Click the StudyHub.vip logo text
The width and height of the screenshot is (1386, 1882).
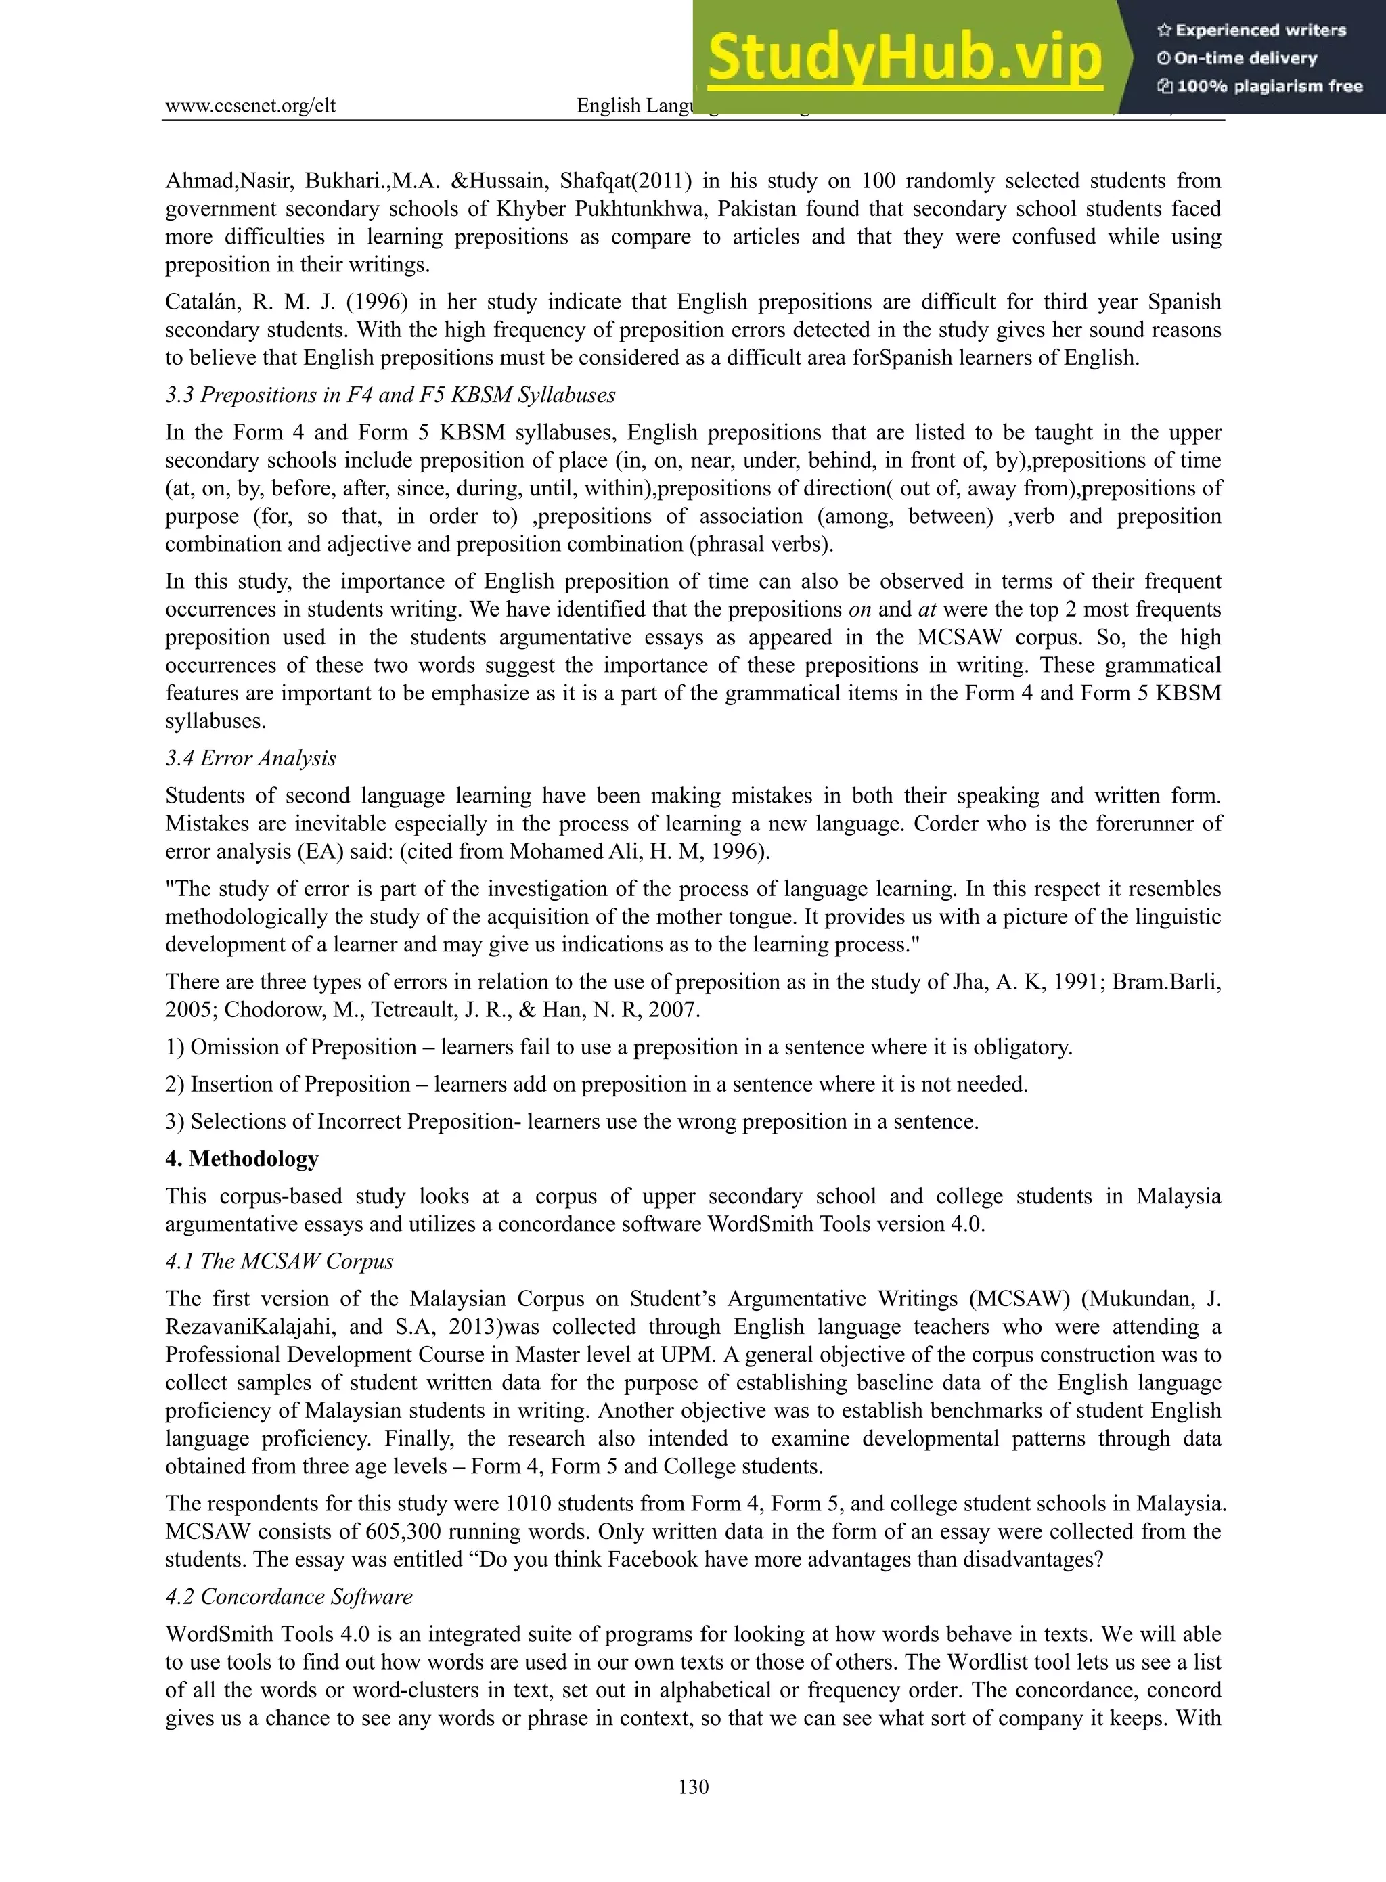tap(903, 58)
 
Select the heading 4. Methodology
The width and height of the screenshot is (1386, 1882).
tap(242, 1159)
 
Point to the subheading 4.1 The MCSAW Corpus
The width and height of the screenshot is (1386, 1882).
tap(279, 1261)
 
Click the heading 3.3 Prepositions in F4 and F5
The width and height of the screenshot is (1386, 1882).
tap(390, 395)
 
